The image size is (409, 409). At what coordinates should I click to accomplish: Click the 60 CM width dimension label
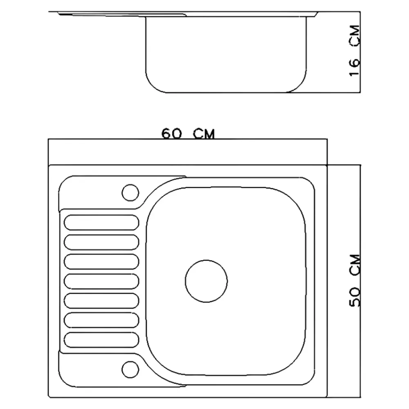click(188, 134)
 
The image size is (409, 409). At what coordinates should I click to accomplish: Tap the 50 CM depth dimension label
click(355, 281)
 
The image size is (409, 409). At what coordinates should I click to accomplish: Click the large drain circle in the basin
click(206, 281)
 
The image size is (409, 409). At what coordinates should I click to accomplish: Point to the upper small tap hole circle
click(130, 193)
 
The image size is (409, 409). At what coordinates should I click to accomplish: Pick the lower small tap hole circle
click(130, 369)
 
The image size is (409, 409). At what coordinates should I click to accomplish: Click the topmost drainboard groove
click(101, 222)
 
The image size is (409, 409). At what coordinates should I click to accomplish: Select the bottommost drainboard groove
click(101, 340)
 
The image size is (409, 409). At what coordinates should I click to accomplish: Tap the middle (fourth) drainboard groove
click(101, 281)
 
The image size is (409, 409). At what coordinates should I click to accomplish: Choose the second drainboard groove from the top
click(101, 242)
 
